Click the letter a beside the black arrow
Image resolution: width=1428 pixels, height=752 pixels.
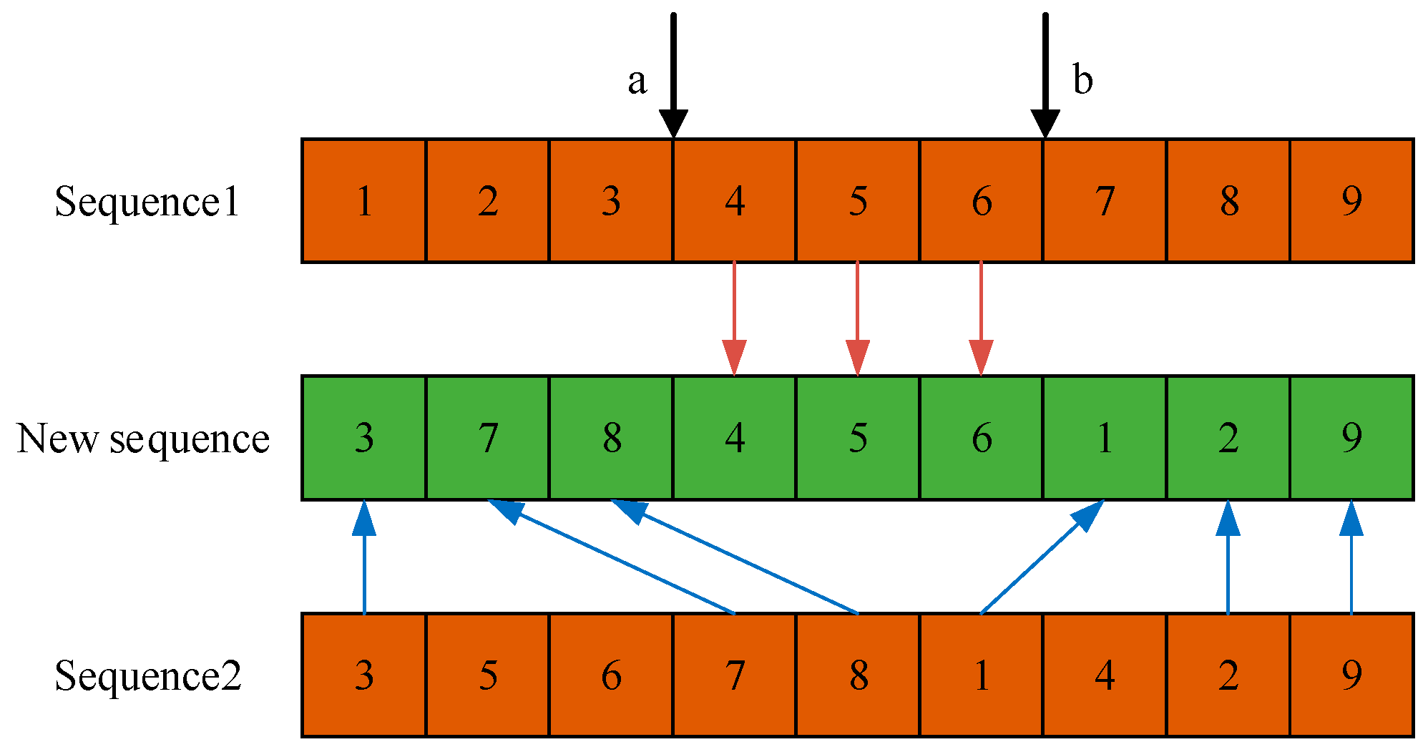[637, 82]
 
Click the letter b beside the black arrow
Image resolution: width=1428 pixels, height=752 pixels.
[1082, 79]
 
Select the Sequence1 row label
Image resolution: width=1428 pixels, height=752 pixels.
[147, 201]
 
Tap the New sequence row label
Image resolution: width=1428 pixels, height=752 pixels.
[143, 438]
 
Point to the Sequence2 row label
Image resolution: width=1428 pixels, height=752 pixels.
[148, 675]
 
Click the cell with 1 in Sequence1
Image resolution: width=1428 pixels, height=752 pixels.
[364, 201]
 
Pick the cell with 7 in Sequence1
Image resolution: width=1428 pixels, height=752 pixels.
[1105, 201]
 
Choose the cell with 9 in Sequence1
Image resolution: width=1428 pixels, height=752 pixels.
[1351, 201]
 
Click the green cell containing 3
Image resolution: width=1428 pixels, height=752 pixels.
[364, 438]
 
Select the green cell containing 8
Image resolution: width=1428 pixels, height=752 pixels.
[611, 438]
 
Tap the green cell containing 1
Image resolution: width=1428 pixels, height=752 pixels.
[1105, 438]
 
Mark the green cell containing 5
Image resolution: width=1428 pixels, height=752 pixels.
[858, 438]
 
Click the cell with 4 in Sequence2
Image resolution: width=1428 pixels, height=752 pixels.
[1105, 675]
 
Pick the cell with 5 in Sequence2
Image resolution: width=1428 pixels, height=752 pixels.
[488, 675]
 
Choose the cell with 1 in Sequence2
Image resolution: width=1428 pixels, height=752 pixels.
[982, 675]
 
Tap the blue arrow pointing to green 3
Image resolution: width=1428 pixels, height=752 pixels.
[364, 558]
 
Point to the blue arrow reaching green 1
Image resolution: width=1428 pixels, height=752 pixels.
[1041, 557]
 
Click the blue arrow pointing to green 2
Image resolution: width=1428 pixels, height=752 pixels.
[1228, 558]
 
